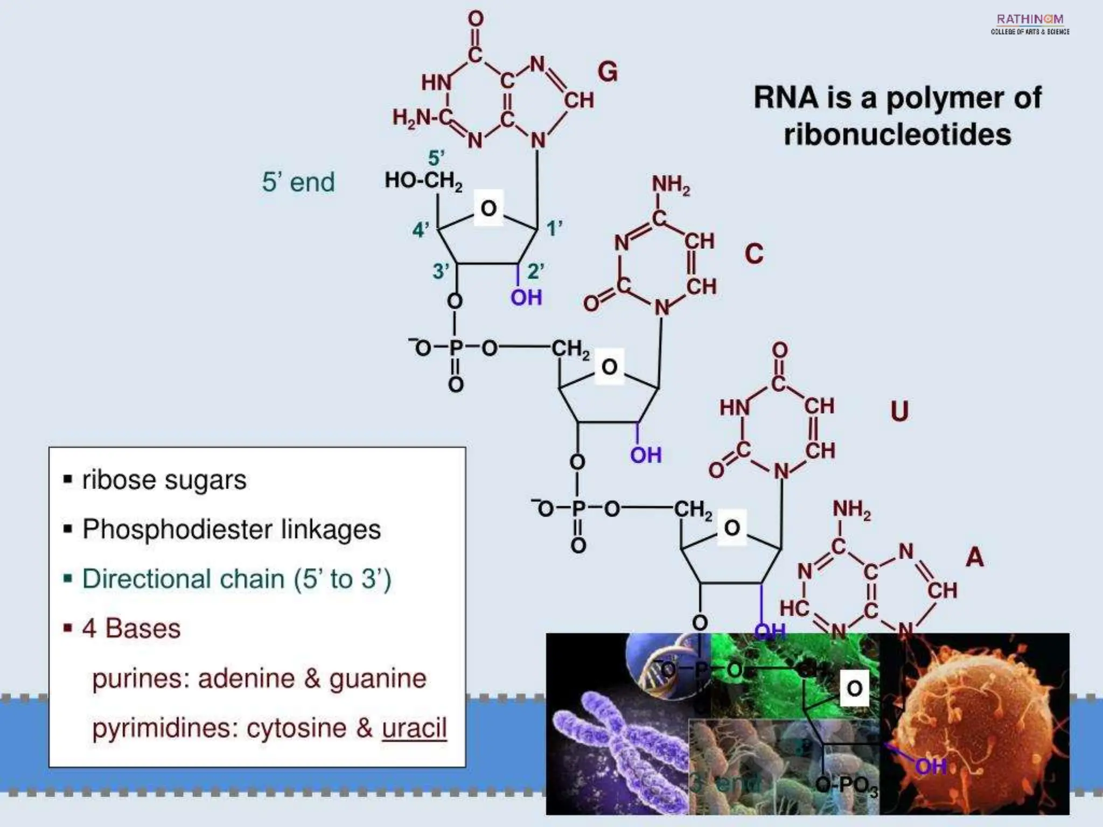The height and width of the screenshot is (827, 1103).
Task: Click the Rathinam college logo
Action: click(x=1030, y=24)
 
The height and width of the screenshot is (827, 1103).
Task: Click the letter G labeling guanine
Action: click(x=608, y=72)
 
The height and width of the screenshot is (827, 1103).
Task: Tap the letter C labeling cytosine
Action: click(x=754, y=254)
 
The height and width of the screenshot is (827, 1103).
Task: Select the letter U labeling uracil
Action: click(x=899, y=411)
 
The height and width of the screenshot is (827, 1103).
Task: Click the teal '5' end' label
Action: click(x=298, y=182)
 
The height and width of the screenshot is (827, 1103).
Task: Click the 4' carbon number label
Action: click(x=421, y=230)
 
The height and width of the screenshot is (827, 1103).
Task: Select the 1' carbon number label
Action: click(x=554, y=228)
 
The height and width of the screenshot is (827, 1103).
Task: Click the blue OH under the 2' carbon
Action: click(x=526, y=297)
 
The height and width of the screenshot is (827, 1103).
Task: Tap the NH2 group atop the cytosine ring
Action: click(x=671, y=185)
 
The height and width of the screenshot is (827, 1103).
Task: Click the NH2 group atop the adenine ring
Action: click(x=851, y=509)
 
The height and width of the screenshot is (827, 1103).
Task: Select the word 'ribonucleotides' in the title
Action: click(x=897, y=134)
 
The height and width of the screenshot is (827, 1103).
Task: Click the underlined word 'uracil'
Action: click(x=414, y=728)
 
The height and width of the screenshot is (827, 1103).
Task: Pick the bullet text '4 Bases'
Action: click(x=131, y=628)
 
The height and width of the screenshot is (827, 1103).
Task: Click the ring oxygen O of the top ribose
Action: click(x=488, y=208)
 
